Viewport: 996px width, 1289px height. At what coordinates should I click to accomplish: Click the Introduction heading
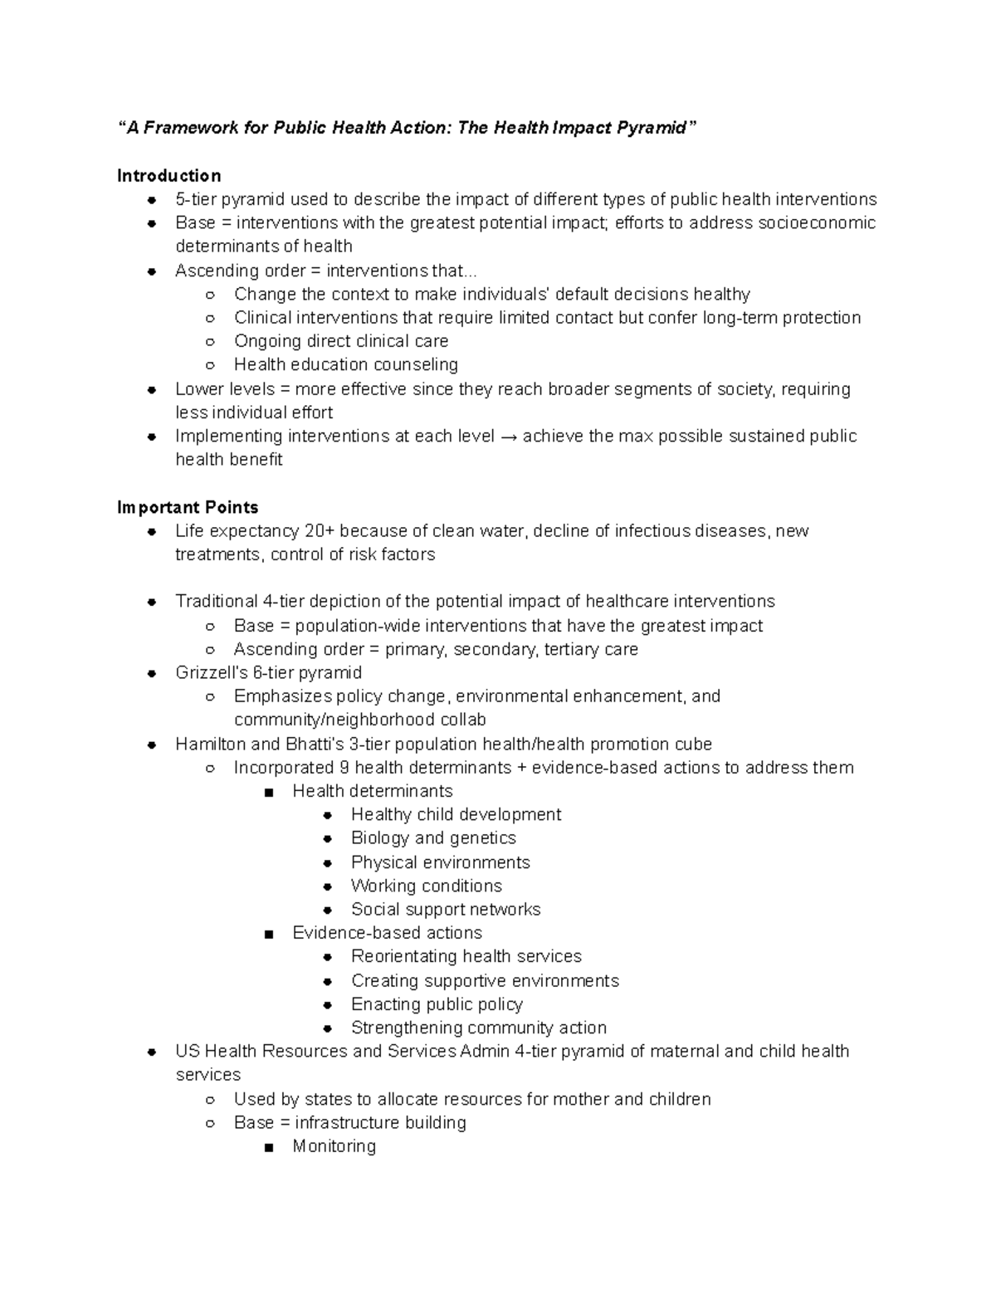pyautogui.click(x=168, y=176)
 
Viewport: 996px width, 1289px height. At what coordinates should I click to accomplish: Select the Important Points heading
pyautogui.click(x=188, y=507)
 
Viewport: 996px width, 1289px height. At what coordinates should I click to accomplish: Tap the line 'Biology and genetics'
pyautogui.click(x=433, y=838)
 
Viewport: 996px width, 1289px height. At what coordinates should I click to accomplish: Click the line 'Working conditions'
pyautogui.click(x=426, y=886)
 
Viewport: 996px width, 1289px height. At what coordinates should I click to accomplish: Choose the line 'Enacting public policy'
pyautogui.click(x=437, y=1004)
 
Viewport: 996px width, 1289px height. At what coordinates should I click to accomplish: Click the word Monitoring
pyautogui.click(x=334, y=1146)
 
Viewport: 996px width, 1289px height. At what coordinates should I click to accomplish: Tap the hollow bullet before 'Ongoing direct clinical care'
pyautogui.click(x=210, y=342)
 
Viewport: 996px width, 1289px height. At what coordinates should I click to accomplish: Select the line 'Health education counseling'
pyautogui.click(x=345, y=365)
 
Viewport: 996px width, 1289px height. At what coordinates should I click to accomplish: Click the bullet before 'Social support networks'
pyautogui.click(x=328, y=911)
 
